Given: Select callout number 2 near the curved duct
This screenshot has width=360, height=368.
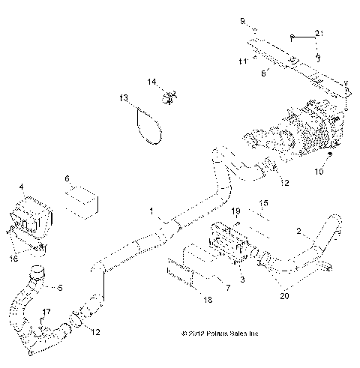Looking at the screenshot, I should pos(298,231).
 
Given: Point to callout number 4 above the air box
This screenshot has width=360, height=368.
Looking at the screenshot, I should pos(22,187).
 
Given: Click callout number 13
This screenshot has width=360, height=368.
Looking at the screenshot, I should pos(123,98).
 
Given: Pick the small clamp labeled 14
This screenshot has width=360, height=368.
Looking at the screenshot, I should pos(169,95).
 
